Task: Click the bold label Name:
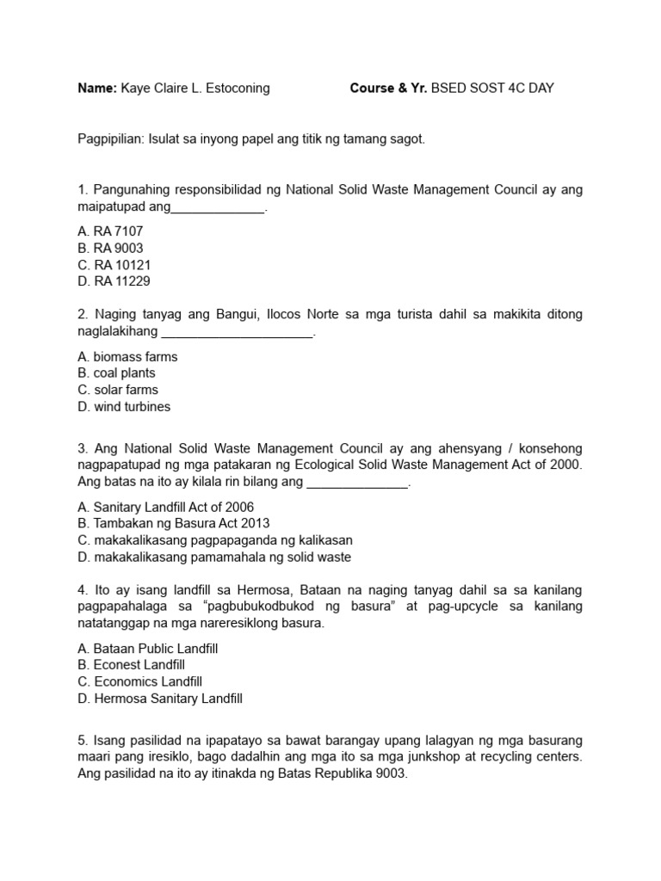click(96, 89)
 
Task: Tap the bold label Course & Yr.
click(388, 89)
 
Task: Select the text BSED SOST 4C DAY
click(492, 89)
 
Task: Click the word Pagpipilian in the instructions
click(111, 139)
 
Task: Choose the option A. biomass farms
click(127, 356)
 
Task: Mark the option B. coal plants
click(116, 373)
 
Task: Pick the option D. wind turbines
click(124, 406)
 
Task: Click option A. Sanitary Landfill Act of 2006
click(165, 507)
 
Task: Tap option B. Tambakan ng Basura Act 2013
click(173, 523)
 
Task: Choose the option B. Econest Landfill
click(131, 665)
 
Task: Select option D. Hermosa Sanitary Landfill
click(160, 699)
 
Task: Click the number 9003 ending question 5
click(386, 773)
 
